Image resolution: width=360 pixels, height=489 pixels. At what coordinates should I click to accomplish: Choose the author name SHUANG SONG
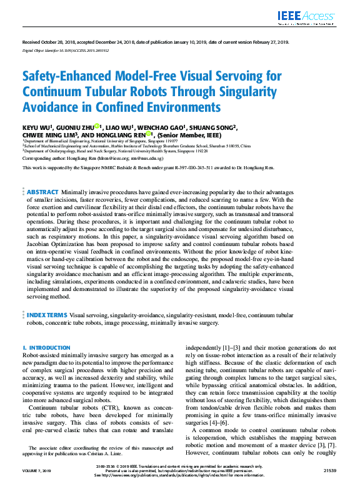[213, 128]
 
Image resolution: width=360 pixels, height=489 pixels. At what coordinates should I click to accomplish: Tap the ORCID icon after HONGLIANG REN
[149, 134]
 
